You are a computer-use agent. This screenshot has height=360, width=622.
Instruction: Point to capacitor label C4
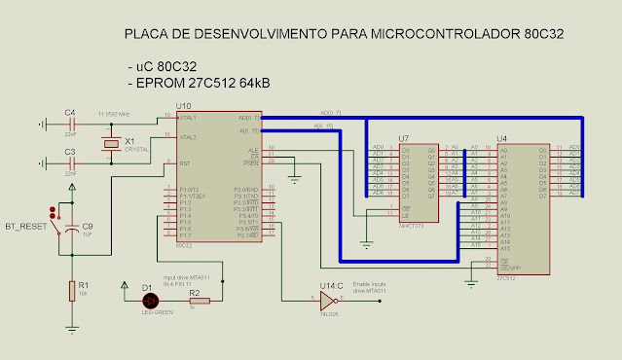[70, 113]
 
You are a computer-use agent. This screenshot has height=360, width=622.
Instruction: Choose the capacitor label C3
[70, 152]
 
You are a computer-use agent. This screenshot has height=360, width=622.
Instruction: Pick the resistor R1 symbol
[71, 289]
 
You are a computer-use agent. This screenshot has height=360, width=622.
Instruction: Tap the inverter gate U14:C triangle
[326, 300]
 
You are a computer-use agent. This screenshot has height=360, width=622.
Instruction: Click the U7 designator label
[403, 139]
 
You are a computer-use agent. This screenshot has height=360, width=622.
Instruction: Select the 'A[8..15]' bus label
[325, 126]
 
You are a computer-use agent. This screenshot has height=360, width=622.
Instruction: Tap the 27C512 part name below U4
[505, 277]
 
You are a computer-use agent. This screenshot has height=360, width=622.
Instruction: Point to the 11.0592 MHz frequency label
[113, 114]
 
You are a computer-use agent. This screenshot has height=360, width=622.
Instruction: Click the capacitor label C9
[88, 226]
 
